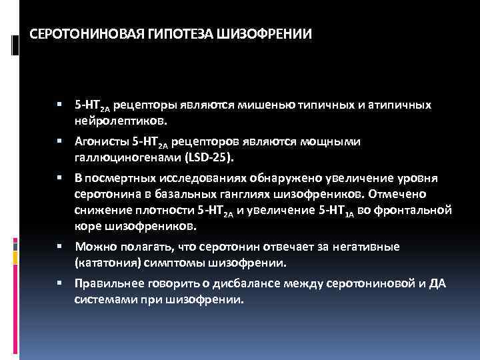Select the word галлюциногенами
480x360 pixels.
[x=127, y=157]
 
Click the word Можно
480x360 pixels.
[x=93, y=247]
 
